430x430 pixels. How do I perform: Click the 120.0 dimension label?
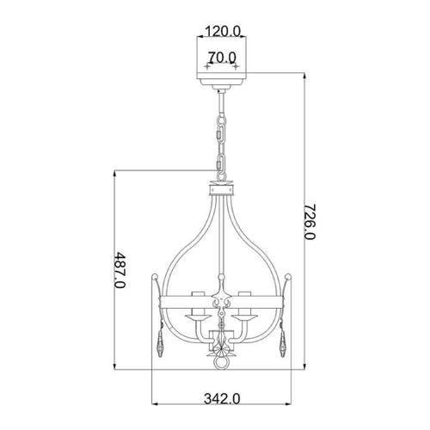pos(224,31)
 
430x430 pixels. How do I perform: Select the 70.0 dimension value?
pos(222,57)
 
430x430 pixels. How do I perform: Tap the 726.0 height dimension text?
pos(310,222)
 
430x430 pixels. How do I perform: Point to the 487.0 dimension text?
pos(120,270)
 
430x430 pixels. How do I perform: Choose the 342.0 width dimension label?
pos(222,398)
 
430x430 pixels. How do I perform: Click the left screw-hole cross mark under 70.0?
pos(207,67)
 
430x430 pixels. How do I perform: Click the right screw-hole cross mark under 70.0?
pos(236,67)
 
